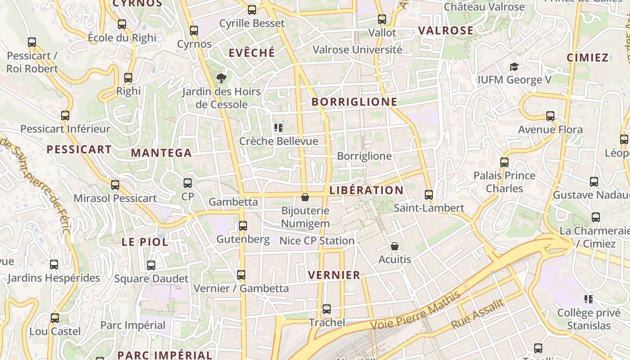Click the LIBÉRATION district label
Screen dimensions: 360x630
(366, 190)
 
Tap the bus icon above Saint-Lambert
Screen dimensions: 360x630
(429, 195)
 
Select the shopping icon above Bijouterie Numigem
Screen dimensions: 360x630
(305, 197)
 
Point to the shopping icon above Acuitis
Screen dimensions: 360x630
(395, 246)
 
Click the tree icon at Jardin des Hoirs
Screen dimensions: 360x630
(221, 79)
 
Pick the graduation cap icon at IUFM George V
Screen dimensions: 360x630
(514, 67)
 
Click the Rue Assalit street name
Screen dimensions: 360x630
(478, 314)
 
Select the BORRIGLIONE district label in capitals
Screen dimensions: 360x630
(355, 102)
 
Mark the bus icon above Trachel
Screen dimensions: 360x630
(327, 309)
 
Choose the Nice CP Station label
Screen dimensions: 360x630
(317, 241)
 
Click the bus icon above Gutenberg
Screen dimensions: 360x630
(243, 226)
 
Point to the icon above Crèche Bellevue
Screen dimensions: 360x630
(279, 128)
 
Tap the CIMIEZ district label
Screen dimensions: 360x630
(588, 58)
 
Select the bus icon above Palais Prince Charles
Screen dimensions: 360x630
(504, 162)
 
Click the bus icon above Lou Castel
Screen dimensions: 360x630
(55, 318)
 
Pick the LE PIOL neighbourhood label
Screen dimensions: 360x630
(145, 242)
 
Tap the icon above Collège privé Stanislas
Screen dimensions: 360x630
(588, 299)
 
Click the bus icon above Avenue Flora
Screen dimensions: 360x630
(550, 116)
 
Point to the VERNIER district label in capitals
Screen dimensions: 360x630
(334, 275)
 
